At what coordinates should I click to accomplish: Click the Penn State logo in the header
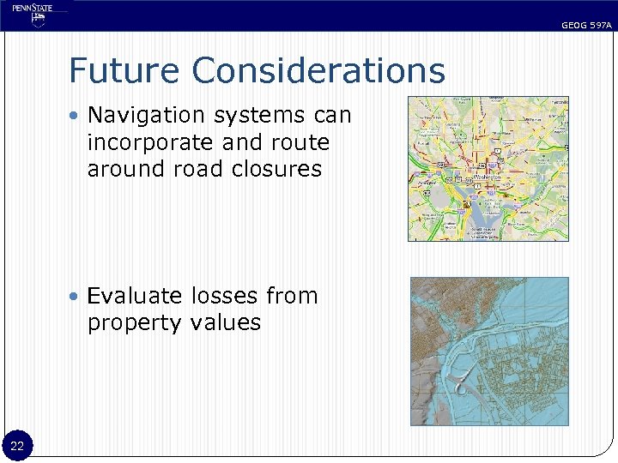[33, 15]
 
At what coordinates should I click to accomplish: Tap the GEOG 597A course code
[586, 26]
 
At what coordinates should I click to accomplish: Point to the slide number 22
[18, 445]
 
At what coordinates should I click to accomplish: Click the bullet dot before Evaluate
[76, 297]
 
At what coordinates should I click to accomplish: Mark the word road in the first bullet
[193, 169]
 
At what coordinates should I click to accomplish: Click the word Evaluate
[136, 296]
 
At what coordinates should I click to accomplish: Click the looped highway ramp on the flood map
[462, 386]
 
